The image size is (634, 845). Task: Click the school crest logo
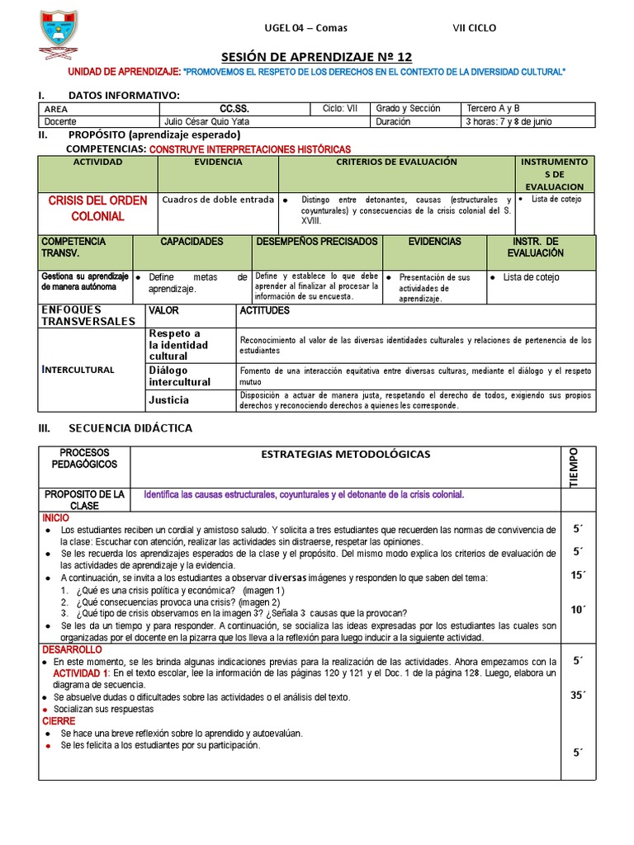(59, 33)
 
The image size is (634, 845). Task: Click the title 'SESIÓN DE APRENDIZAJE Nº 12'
(316, 56)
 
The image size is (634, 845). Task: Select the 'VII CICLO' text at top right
(475, 28)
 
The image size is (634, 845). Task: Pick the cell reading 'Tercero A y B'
(493, 108)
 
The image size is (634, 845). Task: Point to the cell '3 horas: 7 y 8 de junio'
(509, 121)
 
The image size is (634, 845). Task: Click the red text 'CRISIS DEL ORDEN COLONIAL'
(97, 208)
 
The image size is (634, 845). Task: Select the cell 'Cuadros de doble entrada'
(217, 200)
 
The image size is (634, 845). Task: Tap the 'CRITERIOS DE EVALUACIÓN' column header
(396, 163)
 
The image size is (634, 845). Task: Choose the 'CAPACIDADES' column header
(192, 242)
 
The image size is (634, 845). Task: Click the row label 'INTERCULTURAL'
(78, 369)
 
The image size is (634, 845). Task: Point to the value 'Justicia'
(168, 400)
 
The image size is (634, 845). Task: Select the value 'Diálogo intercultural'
(179, 376)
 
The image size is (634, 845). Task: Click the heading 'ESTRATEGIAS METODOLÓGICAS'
(345, 454)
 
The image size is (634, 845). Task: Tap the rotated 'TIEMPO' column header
(575, 467)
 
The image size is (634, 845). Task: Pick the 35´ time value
(578, 695)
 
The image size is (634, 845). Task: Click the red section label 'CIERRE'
(59, 720)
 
